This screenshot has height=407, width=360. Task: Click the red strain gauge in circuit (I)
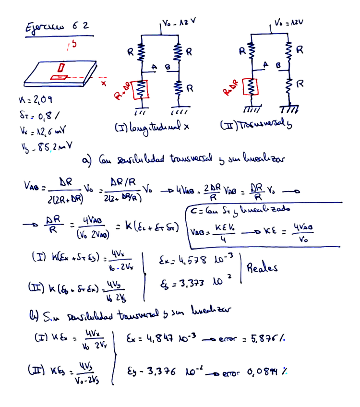tap(142, 88)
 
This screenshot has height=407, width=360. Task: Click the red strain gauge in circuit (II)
tap(251, 87)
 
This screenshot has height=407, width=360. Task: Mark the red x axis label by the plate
tap(102, 84)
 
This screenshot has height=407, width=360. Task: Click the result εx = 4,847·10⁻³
tap(161, 339)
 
